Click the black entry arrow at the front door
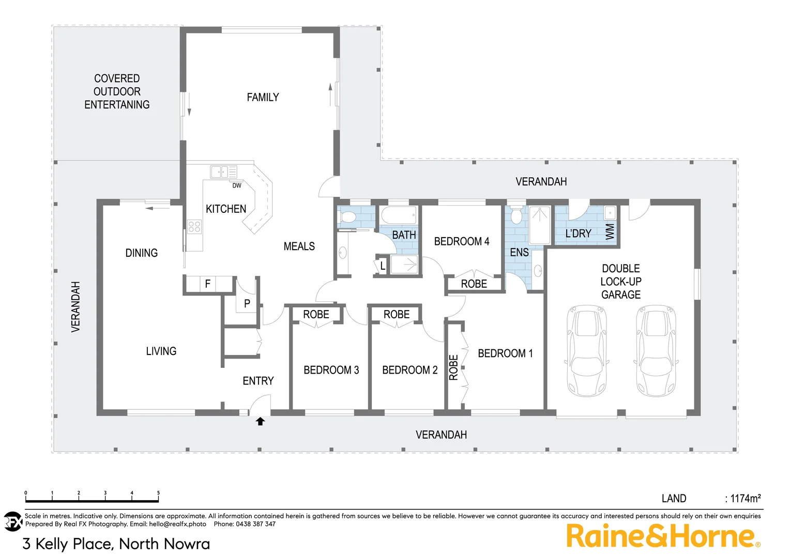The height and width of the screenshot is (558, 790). tap(260, 422)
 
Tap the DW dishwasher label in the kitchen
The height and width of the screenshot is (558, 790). tap(237, 185)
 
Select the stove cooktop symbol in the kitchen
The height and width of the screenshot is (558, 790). tap(194, 226)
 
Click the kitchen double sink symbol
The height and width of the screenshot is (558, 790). tap(223, 172)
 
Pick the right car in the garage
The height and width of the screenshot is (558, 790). tap(656, 351)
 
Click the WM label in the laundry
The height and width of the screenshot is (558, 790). tap(610, 231)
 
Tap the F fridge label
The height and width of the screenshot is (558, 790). tap(208, 284)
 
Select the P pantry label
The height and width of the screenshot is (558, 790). tap(247, 304)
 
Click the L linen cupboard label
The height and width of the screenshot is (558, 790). tap(383, 266)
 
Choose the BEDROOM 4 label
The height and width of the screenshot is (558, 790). tap(461, 241)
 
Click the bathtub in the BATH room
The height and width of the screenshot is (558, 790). tap(399, 215)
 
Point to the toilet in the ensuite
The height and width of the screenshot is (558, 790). tap(516, 215)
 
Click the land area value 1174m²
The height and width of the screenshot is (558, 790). tap(745, 499)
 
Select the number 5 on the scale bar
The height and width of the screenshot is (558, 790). tap(158, 493)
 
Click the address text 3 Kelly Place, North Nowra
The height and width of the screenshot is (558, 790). tap(116, 544)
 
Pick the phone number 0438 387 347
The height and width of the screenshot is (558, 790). tap(255, 524)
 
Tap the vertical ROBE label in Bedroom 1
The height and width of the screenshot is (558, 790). tap(453, 367)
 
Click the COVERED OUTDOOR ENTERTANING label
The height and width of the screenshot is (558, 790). tap(117, 91)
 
